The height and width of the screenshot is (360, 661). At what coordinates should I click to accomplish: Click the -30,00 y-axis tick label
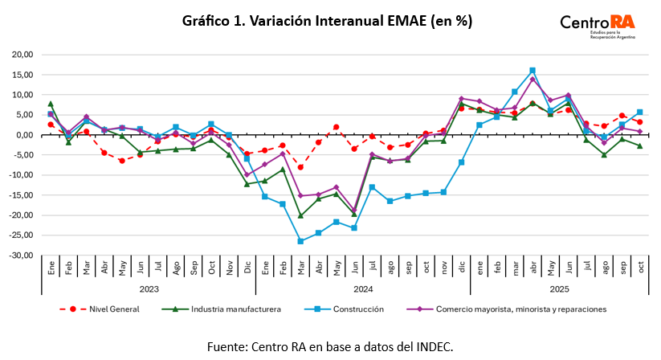point(21,256)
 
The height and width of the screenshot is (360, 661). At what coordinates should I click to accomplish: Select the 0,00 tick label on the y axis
point(24,135)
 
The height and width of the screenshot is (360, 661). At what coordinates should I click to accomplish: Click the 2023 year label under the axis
point(149,288)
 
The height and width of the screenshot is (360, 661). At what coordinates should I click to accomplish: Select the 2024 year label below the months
point(362,288)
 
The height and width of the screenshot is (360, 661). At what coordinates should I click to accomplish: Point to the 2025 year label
point(559,288)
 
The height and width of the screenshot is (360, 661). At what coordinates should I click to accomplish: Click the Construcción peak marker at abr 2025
point(532,71)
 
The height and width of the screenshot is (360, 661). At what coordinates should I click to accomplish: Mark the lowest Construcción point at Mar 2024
point(300,241)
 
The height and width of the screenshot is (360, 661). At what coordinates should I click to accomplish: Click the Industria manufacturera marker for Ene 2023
point(51,104)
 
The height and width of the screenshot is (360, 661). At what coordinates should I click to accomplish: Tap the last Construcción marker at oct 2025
point(639,112)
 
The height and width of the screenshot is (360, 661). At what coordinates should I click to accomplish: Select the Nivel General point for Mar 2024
point(300,167)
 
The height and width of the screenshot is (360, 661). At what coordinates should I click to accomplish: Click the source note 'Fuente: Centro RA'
point(330,346)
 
